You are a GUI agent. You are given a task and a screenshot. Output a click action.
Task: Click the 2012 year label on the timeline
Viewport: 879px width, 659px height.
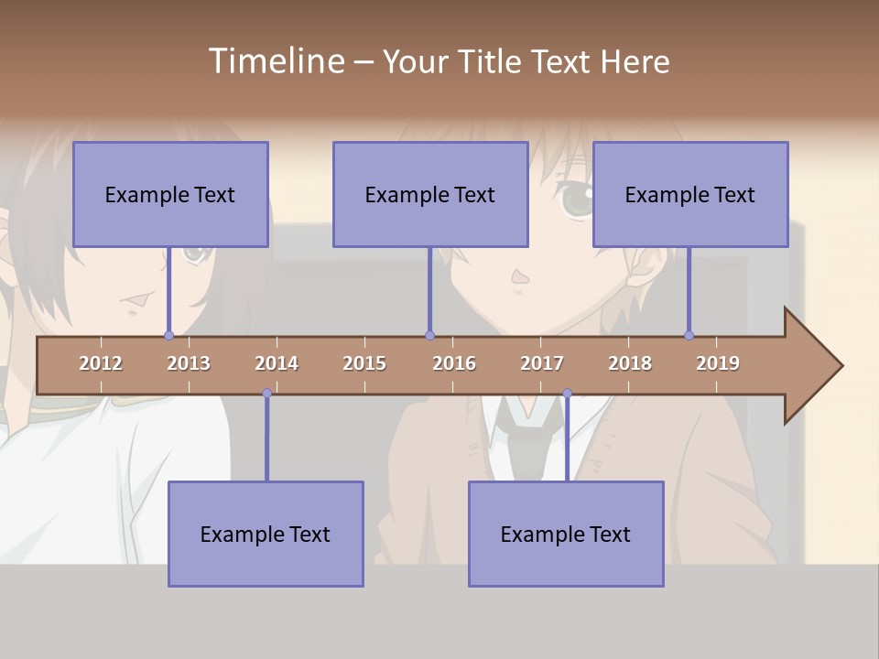[x=101, y=363]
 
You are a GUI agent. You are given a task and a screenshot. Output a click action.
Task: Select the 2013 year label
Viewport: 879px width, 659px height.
[x=189, y=363]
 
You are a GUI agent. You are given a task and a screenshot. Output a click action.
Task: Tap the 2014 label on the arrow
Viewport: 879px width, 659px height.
[x=277, y=363]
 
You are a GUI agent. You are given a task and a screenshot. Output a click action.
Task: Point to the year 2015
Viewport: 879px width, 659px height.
[x=364, y=363]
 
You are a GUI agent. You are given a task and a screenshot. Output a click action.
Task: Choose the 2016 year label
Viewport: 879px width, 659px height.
[x=454, y=363]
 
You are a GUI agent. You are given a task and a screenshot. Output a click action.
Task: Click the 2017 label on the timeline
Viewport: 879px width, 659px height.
[x=542, y=363]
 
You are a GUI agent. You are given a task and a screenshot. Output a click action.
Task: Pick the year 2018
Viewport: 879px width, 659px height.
[x=630, y=363]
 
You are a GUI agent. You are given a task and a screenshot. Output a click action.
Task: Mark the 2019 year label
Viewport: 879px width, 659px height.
[x=718, y=363]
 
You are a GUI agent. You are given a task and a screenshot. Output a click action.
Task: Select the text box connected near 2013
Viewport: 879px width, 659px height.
[x=170, y=194]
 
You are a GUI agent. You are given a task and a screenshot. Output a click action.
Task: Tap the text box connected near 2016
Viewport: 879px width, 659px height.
[x=430, y=194]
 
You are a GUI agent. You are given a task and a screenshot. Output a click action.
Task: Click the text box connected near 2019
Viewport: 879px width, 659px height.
[x=690, y=194]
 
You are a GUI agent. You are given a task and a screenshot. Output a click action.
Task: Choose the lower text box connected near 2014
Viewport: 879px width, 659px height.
[x=266, y=534]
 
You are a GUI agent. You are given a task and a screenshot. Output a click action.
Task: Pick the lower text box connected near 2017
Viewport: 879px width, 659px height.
[x=566, y=534]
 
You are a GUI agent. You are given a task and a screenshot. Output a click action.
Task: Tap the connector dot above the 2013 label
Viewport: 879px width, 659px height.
[x=168, y=335]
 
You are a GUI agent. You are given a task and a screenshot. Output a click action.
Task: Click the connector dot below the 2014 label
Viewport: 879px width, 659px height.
[x=266, y=394]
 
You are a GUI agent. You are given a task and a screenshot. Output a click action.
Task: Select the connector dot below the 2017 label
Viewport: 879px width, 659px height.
[x=567, y=394]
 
